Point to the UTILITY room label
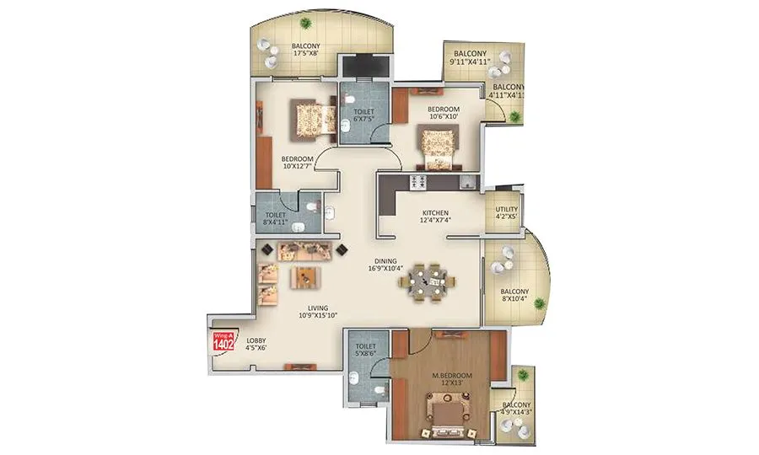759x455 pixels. click(x=507, y=208)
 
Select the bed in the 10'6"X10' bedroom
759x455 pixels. click(x=438, y=146)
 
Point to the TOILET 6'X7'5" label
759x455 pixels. click(x=363, y=115)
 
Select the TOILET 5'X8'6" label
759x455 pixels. click(x=365, y=351)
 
